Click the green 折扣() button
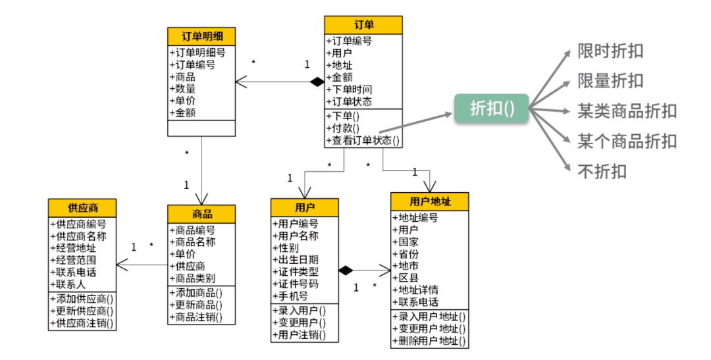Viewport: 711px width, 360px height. tap(491, 107)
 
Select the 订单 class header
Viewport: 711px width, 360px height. tap(363, 25)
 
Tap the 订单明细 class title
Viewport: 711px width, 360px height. tap(201, 36)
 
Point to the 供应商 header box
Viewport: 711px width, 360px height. tap(83, 208)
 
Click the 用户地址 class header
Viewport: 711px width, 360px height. tap(429, 201)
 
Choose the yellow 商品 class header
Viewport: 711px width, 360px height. tap(201, 214)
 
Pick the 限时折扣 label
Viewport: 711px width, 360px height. tap(610, 51)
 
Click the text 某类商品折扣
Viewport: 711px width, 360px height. tap(627, 111)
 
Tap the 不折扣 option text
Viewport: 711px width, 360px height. tap(602, 171)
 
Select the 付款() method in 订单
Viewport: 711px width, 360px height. tap(346, 128)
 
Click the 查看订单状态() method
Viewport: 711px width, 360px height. tap(363, 140)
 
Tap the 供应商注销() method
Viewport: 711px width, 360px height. tap(83, 322)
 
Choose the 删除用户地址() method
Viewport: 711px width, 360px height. tap(429, 341)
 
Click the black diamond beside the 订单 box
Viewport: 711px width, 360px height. tap(318, 82)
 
